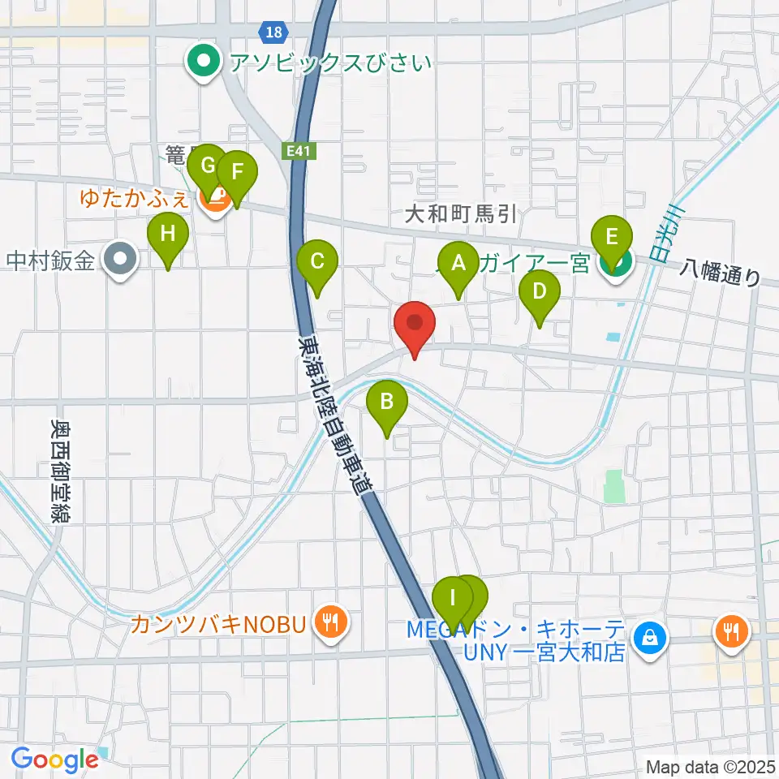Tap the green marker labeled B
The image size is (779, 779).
pos(387,402)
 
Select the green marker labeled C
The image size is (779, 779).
pos(317,262)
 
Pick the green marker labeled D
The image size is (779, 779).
pos(540,290)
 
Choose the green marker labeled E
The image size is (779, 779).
pos(612,238)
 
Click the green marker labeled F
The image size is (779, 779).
pos(237,173)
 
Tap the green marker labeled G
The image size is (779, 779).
pos(208,167)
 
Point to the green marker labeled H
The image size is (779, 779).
pos(168,235)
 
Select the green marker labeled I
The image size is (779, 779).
pos(453,600)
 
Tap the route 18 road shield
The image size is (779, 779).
pos(274,32)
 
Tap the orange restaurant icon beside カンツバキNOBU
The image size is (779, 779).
pos(330,623)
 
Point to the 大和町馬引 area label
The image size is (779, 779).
pos(461,214)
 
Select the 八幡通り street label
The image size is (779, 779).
pos(721,271)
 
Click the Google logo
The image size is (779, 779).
pos(54,760)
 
